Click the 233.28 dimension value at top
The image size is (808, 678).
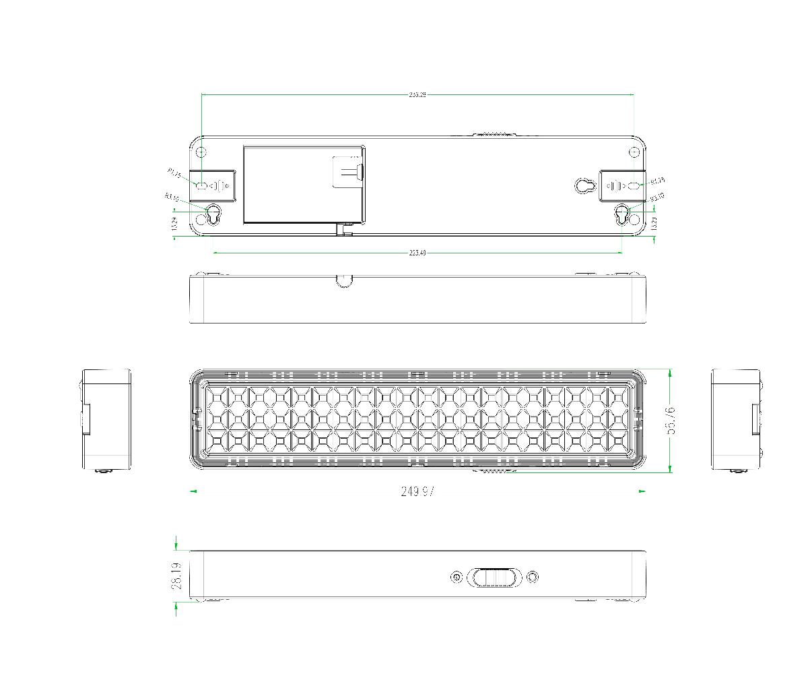[417, 95]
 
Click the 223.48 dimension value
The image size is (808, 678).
[417, 253]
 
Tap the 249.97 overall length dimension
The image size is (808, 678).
[417, 491]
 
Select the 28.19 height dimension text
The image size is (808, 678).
[177, 576]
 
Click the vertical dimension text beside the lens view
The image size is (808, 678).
[671, 421]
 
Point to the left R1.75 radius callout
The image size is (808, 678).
[174, 174]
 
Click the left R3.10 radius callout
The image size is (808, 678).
[171, 197]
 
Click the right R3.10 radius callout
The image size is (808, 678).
[657, 197]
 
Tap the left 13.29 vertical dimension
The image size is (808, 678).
[175, 224]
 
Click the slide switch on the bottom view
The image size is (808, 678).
[495, 578]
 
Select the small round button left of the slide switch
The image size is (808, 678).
[457, 578]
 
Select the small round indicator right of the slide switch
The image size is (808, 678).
[533, 578]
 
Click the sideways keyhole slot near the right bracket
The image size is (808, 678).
[584, 185]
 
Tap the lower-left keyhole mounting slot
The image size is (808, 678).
[213, 214]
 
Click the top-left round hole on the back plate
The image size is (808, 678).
[201, 152]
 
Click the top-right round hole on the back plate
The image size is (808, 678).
[634, 152]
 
